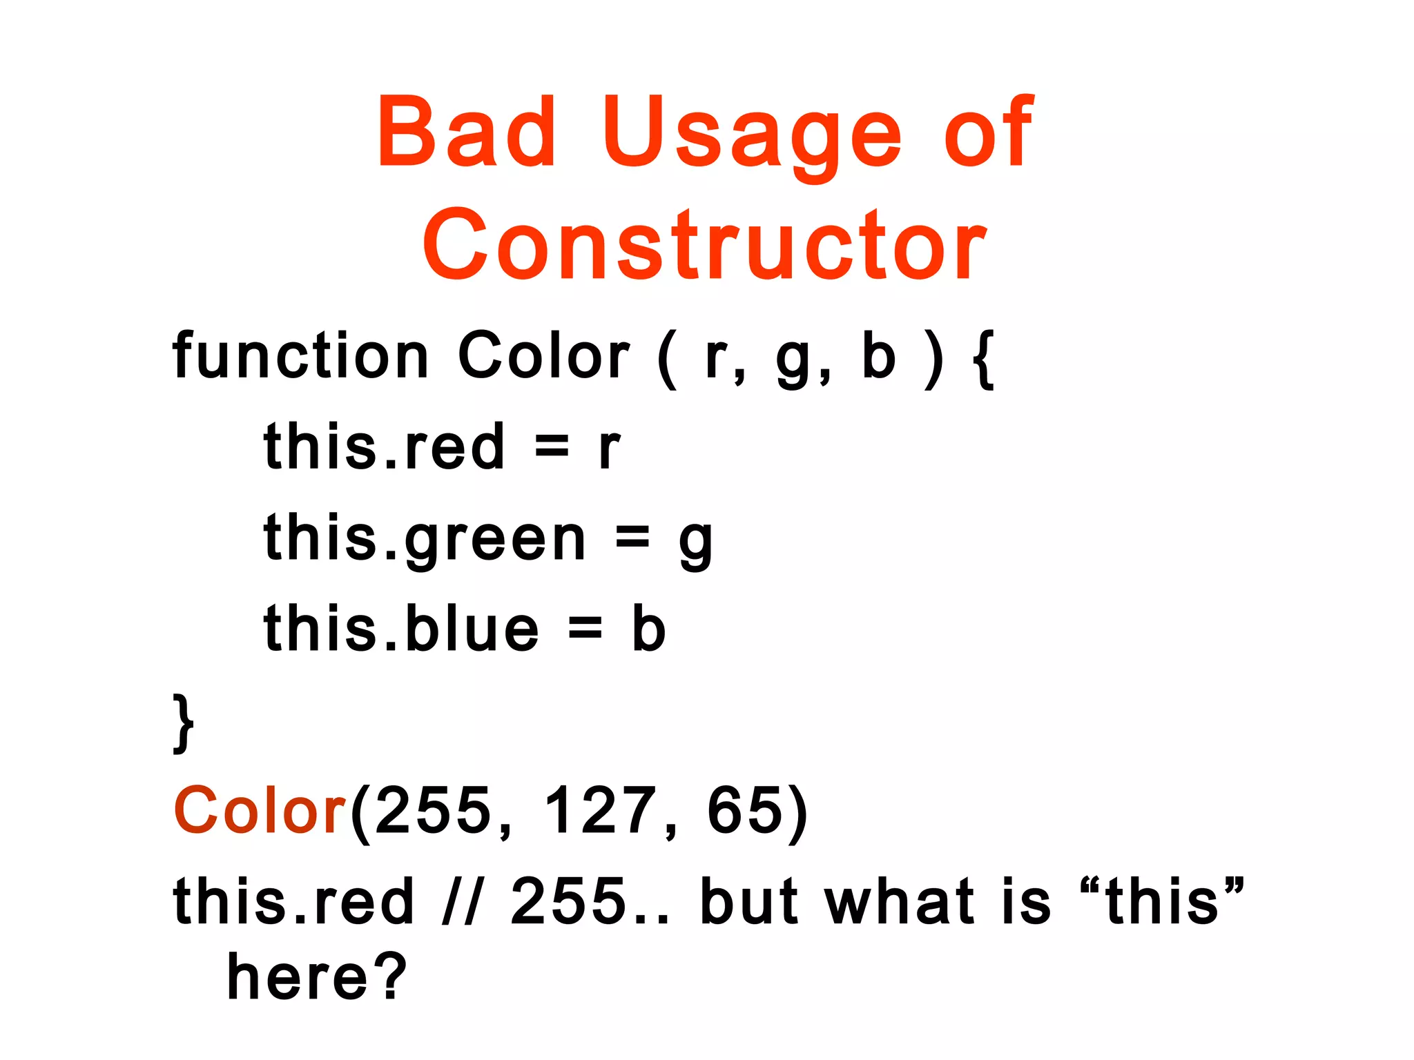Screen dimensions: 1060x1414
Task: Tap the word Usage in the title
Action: click(x=752, y=135)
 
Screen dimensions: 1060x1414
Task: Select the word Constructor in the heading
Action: click(x=704, y=245)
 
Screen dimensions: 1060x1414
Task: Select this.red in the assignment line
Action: click(x=384, y=446)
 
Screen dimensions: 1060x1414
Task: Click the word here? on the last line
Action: click(x=318, y=976)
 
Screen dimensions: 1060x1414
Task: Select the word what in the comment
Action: click(x=904, y=901)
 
